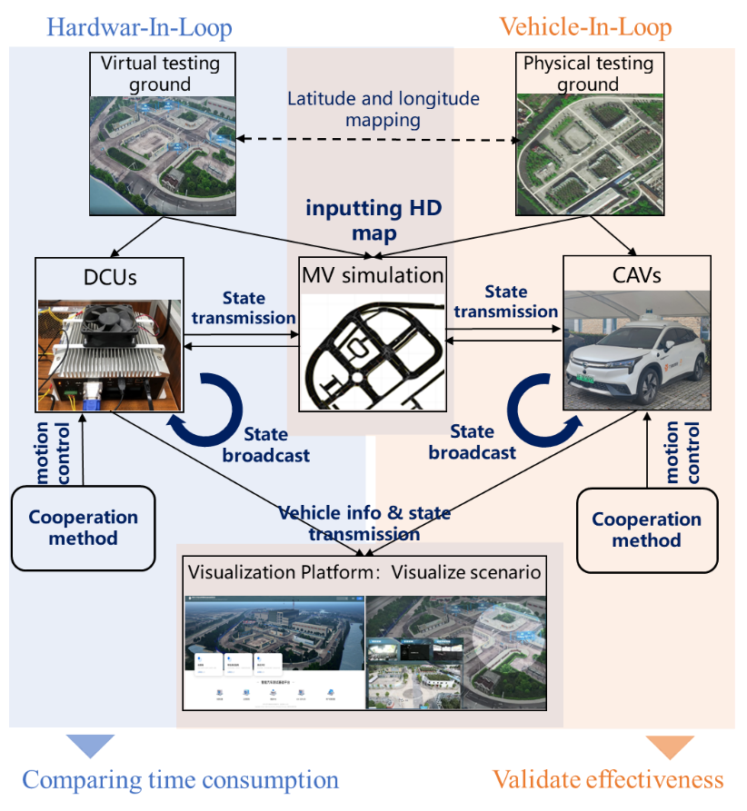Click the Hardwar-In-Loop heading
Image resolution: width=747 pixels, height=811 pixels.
139,27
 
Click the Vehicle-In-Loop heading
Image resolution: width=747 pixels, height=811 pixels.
586,27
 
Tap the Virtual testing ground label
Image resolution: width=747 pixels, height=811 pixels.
160,74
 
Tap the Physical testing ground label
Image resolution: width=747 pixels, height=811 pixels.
589,74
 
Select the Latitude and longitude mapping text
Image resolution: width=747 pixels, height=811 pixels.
383,108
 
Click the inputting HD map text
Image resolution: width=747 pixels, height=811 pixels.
373,221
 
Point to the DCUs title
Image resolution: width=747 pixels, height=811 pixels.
109,276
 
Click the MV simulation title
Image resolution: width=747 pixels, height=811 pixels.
373,275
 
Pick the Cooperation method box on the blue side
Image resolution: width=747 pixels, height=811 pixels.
84,528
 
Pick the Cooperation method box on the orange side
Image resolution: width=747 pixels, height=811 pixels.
646,530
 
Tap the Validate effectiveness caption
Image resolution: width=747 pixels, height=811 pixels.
607,780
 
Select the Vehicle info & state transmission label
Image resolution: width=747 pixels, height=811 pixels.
365,523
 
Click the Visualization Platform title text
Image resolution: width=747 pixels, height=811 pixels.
364,573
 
